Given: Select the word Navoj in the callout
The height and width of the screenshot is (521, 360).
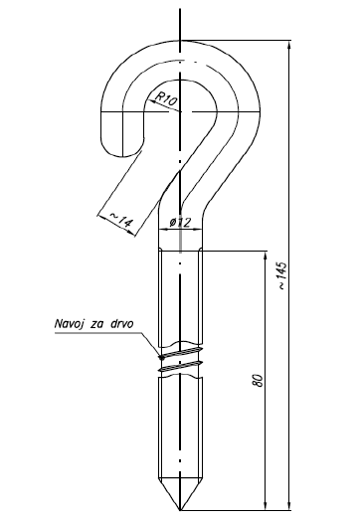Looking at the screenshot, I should (76, 323).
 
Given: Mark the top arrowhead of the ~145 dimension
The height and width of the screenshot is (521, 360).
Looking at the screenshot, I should (288, 46).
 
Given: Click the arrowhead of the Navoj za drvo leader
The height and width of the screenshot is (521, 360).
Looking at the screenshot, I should (158, 356).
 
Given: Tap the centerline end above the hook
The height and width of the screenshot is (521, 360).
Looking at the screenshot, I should (180, 8).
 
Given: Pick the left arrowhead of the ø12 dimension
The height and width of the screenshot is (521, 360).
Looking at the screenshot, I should (161, 232).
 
